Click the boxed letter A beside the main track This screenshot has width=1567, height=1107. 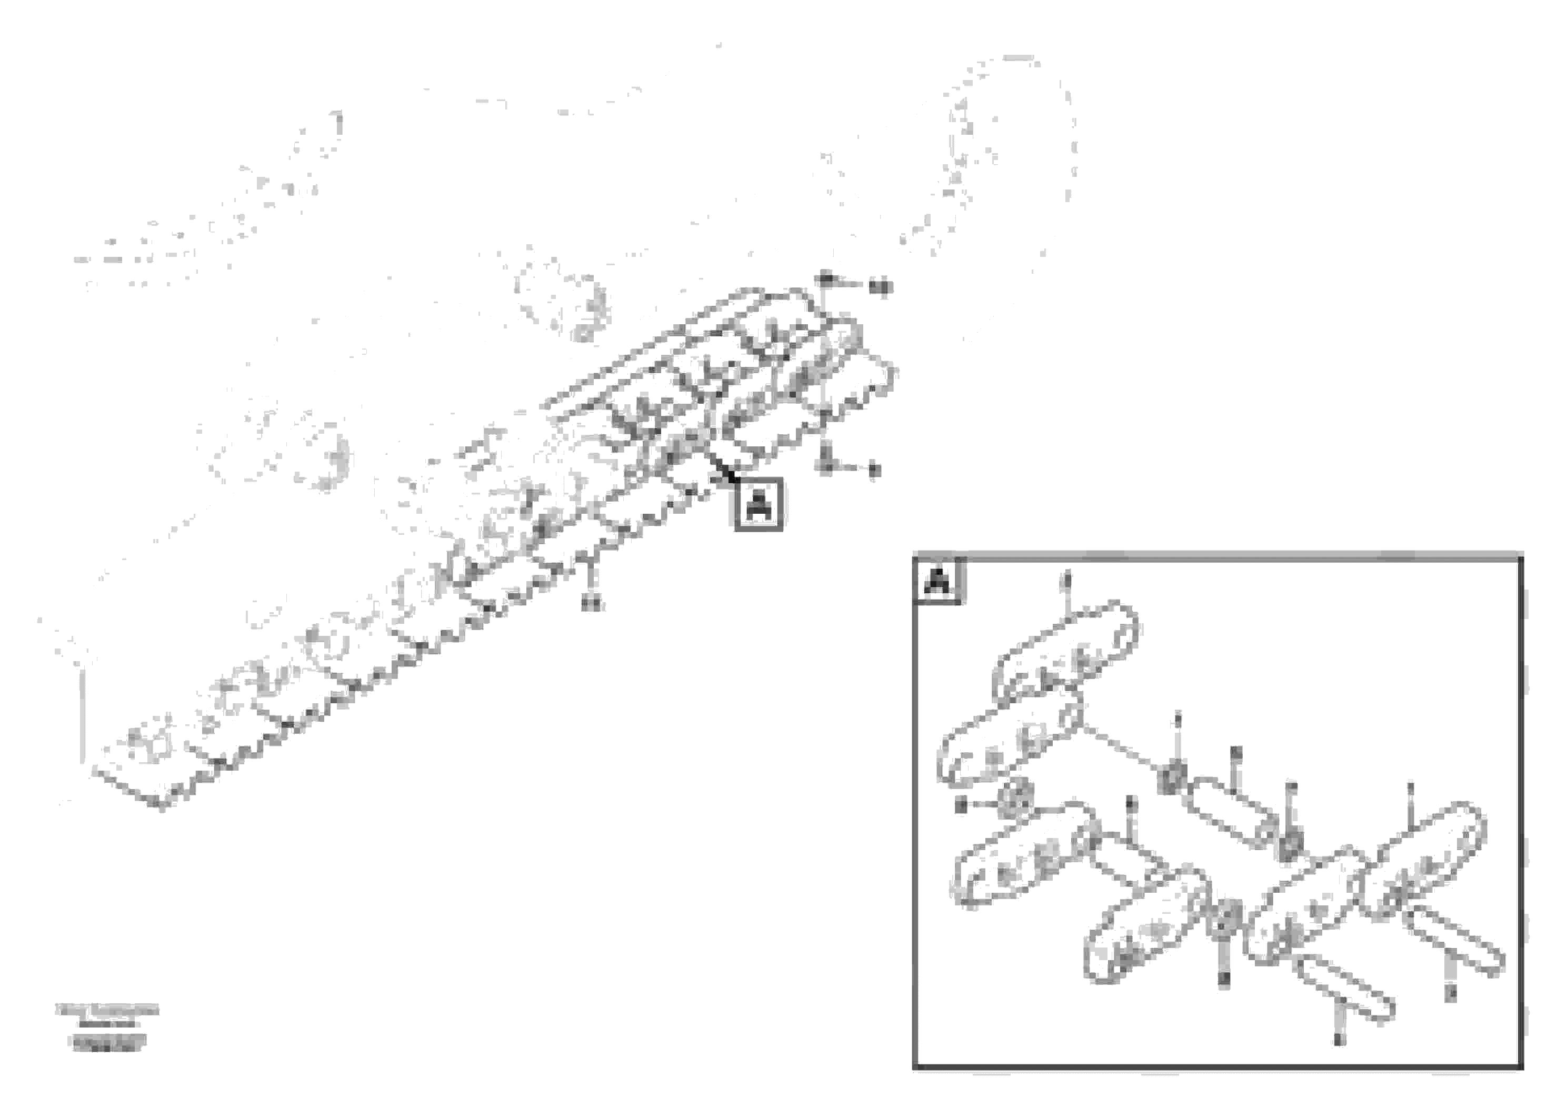pos(758,504)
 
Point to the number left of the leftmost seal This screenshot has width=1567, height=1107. pos(962,805)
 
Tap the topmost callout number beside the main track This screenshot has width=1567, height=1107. pos(881,288)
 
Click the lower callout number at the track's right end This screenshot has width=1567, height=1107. pos(875,470)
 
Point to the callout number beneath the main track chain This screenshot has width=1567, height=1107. pos(592,603)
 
